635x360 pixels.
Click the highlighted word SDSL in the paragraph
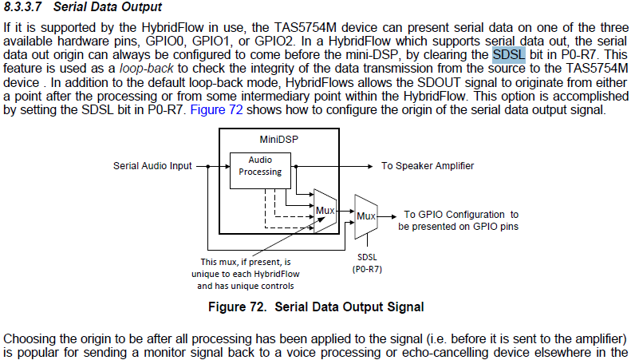point(509,54)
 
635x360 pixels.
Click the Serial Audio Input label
point(153,166)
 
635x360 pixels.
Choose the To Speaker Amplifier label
point(427,166)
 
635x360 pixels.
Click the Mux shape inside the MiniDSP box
point(325,211)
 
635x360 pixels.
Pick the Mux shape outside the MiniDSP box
point(365,215)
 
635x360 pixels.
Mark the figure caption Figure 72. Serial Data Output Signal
point(315,307)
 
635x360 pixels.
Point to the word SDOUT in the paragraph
point(433,82)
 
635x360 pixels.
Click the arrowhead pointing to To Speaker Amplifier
point(372,166)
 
